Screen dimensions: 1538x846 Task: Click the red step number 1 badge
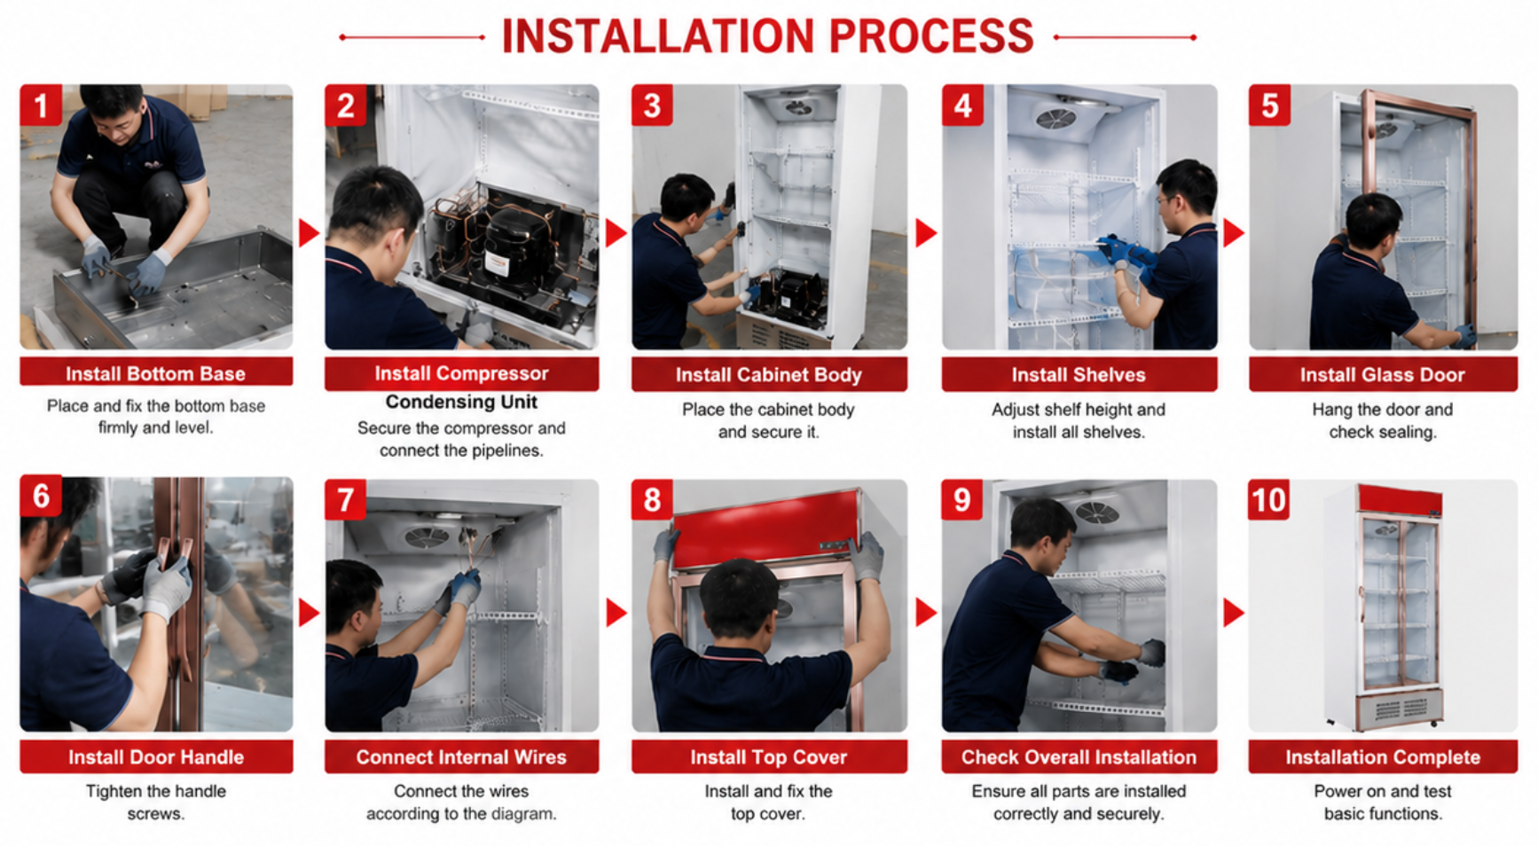pyautogui.click(x=41, y=106)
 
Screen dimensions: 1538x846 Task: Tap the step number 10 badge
pyautogui.click(x=1268, y=499)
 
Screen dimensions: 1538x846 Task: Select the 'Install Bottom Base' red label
pyautogui.click(x=156, y=372)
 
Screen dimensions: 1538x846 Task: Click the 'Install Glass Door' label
pyautogui.click(x=1383, y=374)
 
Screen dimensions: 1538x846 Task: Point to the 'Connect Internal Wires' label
pyautogui.click(x=461, y=756)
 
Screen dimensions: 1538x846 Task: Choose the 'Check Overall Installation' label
pyautogui.click(x=1079, y=756)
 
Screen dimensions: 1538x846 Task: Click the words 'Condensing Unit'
pyautogui.click(x=461, y=402)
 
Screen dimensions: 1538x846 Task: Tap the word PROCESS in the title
pyautogui.click(x=931, y=36)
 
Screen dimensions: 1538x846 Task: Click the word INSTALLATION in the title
pyautogui.click(x=657, y=36)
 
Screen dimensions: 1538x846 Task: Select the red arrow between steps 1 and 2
pyautogui.click(x=309, y=232)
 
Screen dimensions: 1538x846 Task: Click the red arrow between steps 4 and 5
pyautogui.click(x=1234, y=232)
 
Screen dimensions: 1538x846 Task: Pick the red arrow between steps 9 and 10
pyautogui.click(x=1234, y=612)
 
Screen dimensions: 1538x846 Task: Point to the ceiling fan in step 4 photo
pyautogui.click(x=1057, y=117)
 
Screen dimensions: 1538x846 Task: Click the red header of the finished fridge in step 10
pyautogui.click(x=1400, y=500)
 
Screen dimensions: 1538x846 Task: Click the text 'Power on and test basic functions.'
pyautogui.click(x=1383, y=802)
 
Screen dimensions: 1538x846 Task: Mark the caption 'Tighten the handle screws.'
pyautogui.click(x=156, y=802)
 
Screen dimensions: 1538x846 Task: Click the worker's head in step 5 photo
pyautogui.click(x=1373, y=222)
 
